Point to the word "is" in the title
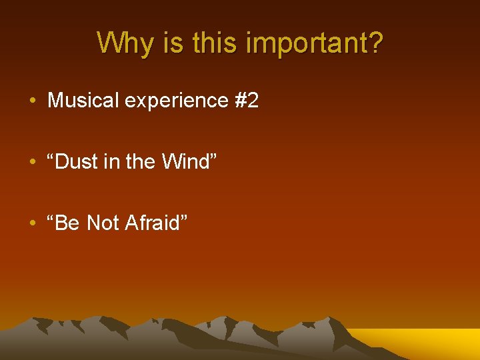coord(169,43)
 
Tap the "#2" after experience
coord(247,101)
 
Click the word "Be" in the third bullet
coord(67,223)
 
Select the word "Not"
coord(103,223)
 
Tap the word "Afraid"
coord(153,223)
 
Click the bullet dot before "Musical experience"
coord(33,101)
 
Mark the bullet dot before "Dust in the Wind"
coord(33,163)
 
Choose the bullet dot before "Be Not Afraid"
coord(33,224)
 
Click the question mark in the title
coord(375,43)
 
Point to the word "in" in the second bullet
coord(114,162)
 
